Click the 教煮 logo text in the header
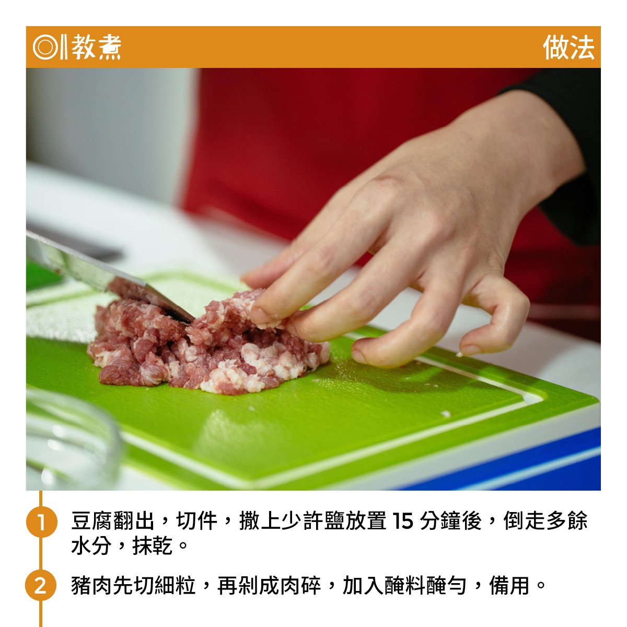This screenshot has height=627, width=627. (x=96, y=47)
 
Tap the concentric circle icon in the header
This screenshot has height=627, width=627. (x=45, y=47)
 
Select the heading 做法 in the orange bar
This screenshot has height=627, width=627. (x=568, y=48)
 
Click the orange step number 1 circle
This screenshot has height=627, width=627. (x=41, y=522)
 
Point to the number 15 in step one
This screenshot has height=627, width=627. (x=402, y=521)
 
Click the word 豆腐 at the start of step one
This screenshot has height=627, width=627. (x=92, y=520)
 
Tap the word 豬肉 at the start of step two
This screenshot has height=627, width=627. (x=92, y=585)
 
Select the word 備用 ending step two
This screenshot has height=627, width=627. (x=509, y=585)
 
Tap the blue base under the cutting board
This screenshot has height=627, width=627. (x=520, y=469)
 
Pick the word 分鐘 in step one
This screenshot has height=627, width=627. (x=440, y=520)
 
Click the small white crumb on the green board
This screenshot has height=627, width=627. (x=446, y=414)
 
